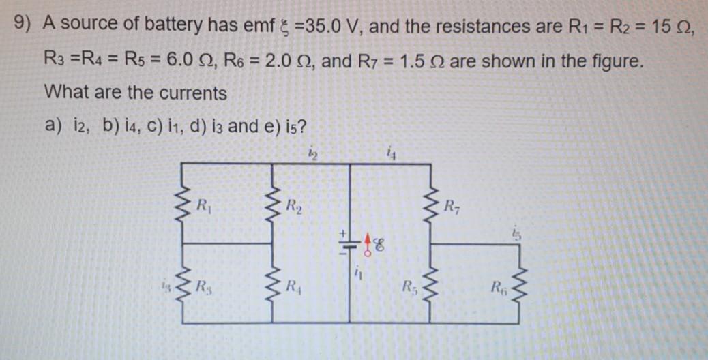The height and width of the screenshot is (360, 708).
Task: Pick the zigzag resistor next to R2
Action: point(274,208)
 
